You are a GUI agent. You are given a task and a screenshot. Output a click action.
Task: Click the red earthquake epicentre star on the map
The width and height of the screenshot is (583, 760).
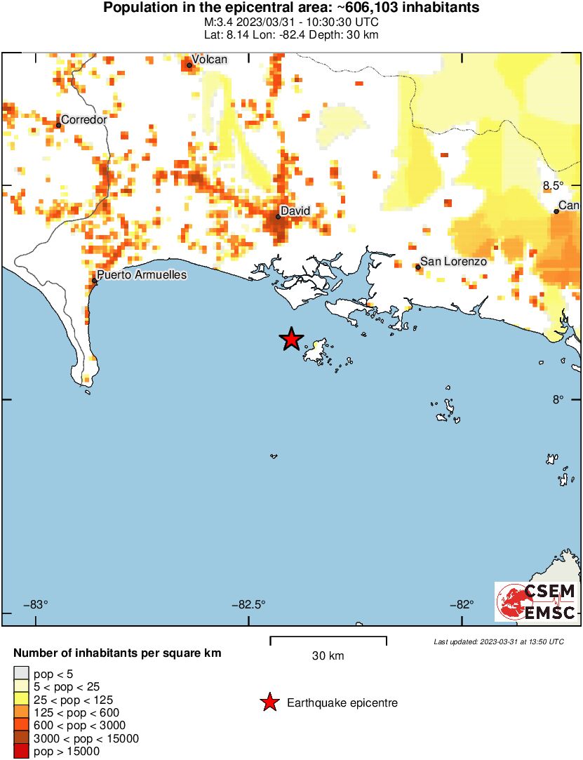(x=291, y=340)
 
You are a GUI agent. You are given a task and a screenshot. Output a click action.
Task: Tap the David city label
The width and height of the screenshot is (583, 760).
(x=295, y=211)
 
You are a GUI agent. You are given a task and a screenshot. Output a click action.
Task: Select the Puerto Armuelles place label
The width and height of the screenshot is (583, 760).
(x=142, y=274)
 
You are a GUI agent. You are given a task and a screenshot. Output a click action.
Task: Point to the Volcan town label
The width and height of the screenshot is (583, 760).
(x=210, y=60)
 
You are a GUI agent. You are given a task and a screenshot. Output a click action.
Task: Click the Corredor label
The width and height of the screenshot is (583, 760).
(x=84, y=119)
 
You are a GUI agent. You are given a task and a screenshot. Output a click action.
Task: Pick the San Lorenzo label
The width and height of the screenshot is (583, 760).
(x=453, y=261)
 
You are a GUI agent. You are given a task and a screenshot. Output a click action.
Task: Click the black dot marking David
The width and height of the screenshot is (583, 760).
(x=278, y=216)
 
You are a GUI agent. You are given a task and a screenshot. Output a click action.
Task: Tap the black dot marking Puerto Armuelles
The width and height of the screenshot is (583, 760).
(x=94, y=281)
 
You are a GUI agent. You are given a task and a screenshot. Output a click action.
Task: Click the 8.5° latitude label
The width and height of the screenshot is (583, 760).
(x=553, y=185)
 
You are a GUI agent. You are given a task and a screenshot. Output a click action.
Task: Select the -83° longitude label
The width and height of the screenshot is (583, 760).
(x=36, y=604)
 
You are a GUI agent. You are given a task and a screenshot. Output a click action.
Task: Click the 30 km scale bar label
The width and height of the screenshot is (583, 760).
(x=328, y=656)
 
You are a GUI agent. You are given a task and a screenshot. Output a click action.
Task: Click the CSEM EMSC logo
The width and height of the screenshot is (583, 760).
(x=536, y=601)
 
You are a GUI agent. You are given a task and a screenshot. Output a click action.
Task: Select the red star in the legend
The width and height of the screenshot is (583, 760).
(x=269, y=702)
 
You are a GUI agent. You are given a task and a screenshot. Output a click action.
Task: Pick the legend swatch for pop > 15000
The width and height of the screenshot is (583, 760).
(x=21, y=751)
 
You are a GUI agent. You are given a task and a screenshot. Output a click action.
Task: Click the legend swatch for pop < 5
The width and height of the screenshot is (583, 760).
(x=21, y=674)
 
